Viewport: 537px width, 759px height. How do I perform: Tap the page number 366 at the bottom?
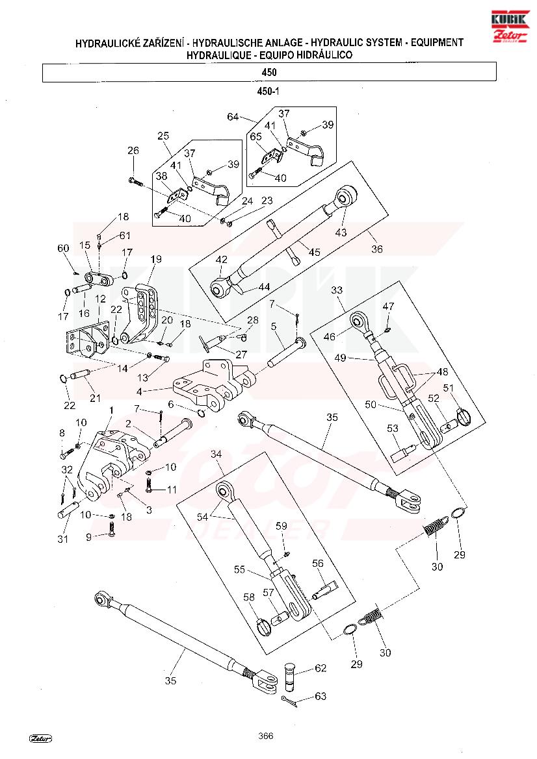tap(265, 736)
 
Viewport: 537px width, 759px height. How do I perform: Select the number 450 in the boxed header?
tap(268, 72)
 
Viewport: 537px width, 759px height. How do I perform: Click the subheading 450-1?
tap(268, 92)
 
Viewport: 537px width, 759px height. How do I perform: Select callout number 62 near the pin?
tap(321, 667)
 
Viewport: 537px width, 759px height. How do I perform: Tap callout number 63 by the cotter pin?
tap(321, 696)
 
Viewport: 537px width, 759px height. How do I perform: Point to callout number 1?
tap(111, 411)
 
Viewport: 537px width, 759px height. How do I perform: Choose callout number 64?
tap(233, 117)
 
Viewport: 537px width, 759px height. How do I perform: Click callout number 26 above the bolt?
tap(133, 151)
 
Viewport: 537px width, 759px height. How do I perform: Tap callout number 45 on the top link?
tap(315, 252)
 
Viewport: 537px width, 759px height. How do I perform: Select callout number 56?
tap(318, 564)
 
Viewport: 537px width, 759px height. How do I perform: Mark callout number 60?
tap(63, 248)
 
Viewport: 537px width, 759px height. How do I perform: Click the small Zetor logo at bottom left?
tap(40, 738)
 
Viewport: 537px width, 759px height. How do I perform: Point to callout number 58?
tap(249, 597)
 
